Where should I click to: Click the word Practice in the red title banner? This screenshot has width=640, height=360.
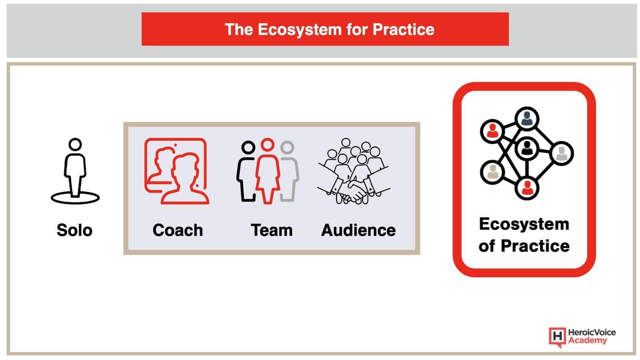point(404,30)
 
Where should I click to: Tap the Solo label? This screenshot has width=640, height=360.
point(74,230)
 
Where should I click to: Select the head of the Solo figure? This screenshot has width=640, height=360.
point(75,144)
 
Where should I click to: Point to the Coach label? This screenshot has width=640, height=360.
point(178,230)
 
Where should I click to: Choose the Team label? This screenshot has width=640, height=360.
point(272,230)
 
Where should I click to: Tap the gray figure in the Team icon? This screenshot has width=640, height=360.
point(290,171)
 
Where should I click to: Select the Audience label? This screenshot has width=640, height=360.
point(358,230)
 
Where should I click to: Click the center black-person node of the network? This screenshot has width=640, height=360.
point(527,148)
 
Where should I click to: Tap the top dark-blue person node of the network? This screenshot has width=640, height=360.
point(527,119)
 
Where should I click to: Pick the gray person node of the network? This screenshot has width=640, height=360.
point(562,154)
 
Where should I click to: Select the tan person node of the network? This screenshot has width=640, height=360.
point(492,172)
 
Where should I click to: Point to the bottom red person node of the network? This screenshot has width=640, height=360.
point(527,188)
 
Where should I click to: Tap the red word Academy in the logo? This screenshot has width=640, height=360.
point(588,341)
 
